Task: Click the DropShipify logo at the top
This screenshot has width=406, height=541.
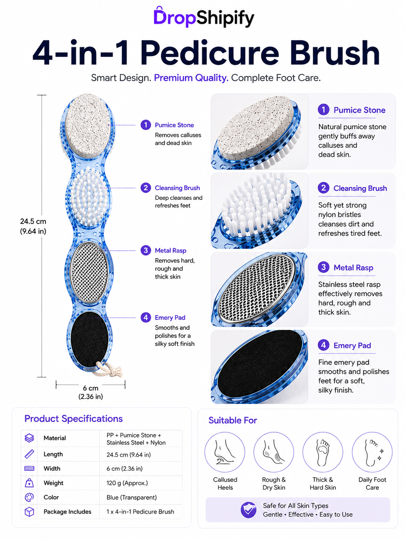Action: [x=204, y=17]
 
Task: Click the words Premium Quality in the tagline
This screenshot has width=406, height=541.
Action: [x=191, y=78]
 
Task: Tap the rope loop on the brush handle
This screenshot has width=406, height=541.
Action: [x=108, y=369]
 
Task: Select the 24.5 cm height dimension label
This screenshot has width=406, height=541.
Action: [x=33, y=226]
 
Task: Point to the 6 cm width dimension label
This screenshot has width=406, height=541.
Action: [x=90, y=392]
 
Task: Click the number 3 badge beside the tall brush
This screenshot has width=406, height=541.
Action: [x=146, y=250]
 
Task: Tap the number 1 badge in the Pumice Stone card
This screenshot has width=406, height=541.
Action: [x=323, y=109]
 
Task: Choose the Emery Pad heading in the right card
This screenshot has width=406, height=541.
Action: [x=352, y=345]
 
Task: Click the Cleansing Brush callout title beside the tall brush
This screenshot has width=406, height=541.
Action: [x=177, y=188]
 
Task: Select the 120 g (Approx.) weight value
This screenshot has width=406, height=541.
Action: [x=127, y=483]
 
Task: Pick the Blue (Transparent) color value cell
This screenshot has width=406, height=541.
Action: [x=132, y=497]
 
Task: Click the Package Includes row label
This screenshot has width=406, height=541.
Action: [x=67, y=511]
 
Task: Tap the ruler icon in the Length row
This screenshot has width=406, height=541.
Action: [x=29, y=454]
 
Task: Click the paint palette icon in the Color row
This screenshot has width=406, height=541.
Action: [x=29, y=497]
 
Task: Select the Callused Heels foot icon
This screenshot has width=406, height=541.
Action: [x=225, y=452]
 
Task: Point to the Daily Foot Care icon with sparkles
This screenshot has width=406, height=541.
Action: [x=372, y=452]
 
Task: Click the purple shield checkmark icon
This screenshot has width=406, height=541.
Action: [x=248, y=510]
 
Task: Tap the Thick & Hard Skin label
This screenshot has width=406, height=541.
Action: [x=323, y=483]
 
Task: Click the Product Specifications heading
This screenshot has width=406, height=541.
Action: [x=73, y=418]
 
